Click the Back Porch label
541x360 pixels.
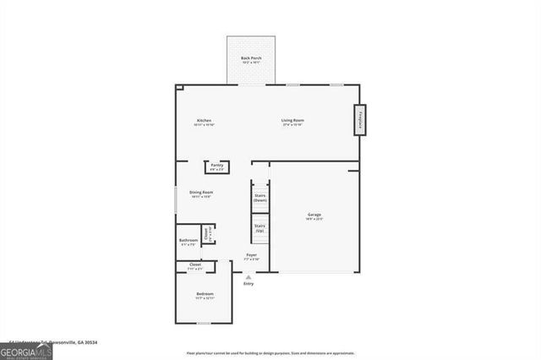251,59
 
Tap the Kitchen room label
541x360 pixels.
204,122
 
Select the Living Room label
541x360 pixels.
292,122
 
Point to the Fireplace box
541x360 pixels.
360,119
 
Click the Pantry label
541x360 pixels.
216,166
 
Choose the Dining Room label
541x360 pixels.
201,194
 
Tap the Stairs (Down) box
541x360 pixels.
260,198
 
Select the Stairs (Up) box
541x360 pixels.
260,227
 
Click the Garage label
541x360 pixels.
314,216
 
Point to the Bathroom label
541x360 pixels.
188,242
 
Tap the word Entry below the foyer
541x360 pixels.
248,284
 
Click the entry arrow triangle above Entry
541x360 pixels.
248,276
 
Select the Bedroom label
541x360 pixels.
205,295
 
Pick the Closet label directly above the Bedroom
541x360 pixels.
194,266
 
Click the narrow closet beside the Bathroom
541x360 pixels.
207,233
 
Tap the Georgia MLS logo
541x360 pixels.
26,351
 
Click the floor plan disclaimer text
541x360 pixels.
270,352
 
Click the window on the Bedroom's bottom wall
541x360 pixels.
203,322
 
